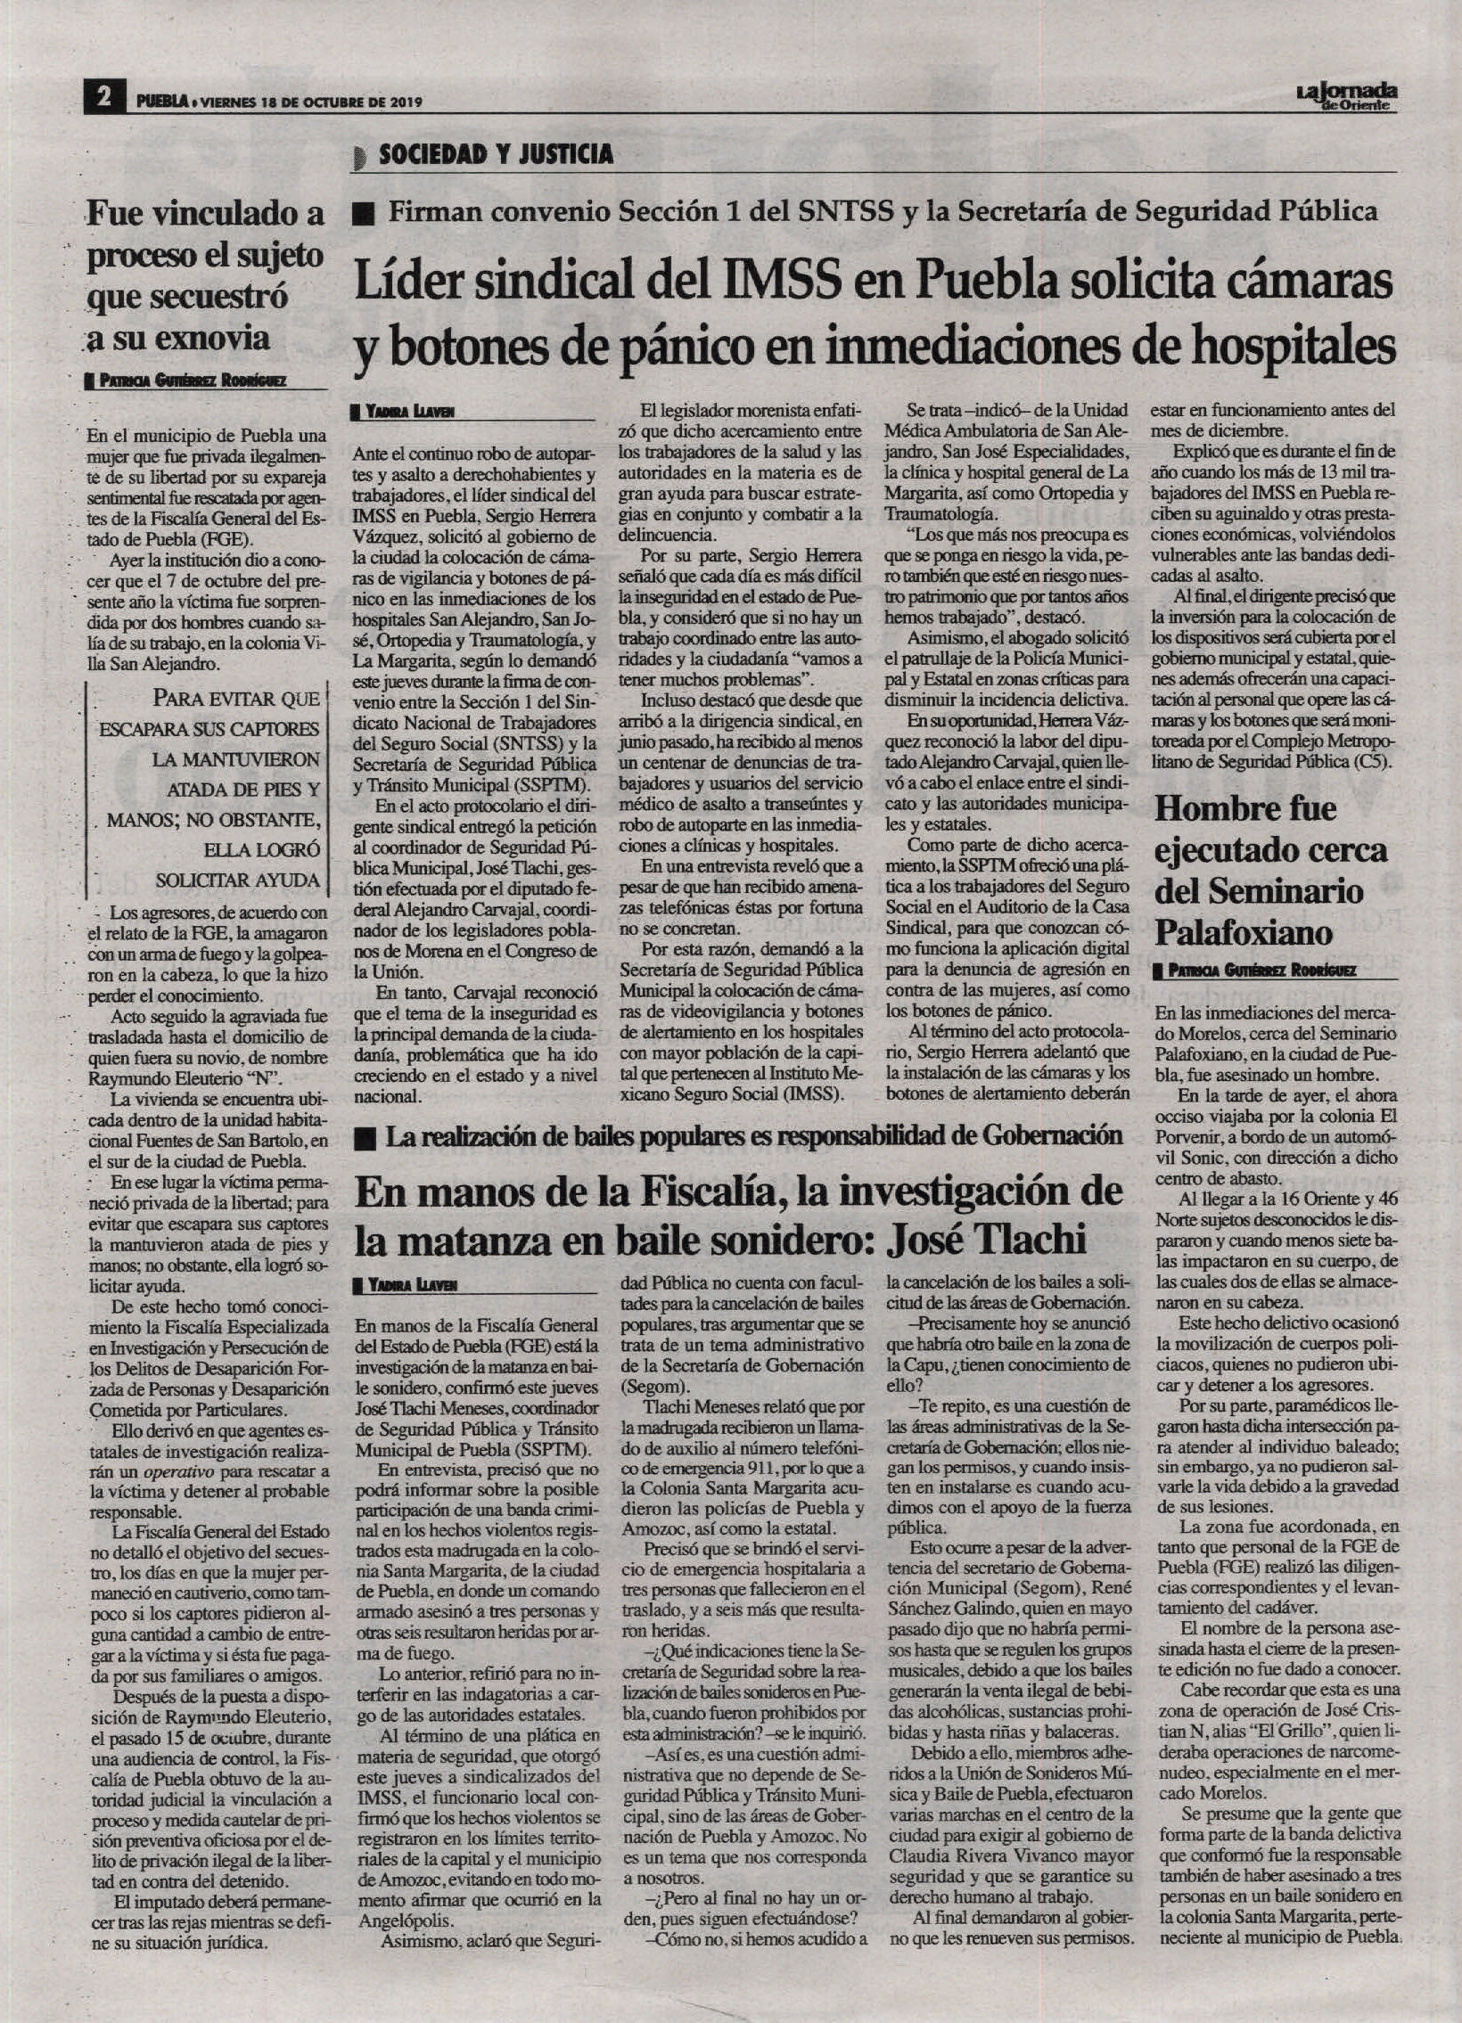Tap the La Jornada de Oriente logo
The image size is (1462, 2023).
pos(1346,94)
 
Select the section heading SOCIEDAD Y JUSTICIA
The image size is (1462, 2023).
pos(495,154)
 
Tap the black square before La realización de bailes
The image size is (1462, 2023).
pos(363,1137)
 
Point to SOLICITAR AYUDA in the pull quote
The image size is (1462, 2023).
pos(236,879)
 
